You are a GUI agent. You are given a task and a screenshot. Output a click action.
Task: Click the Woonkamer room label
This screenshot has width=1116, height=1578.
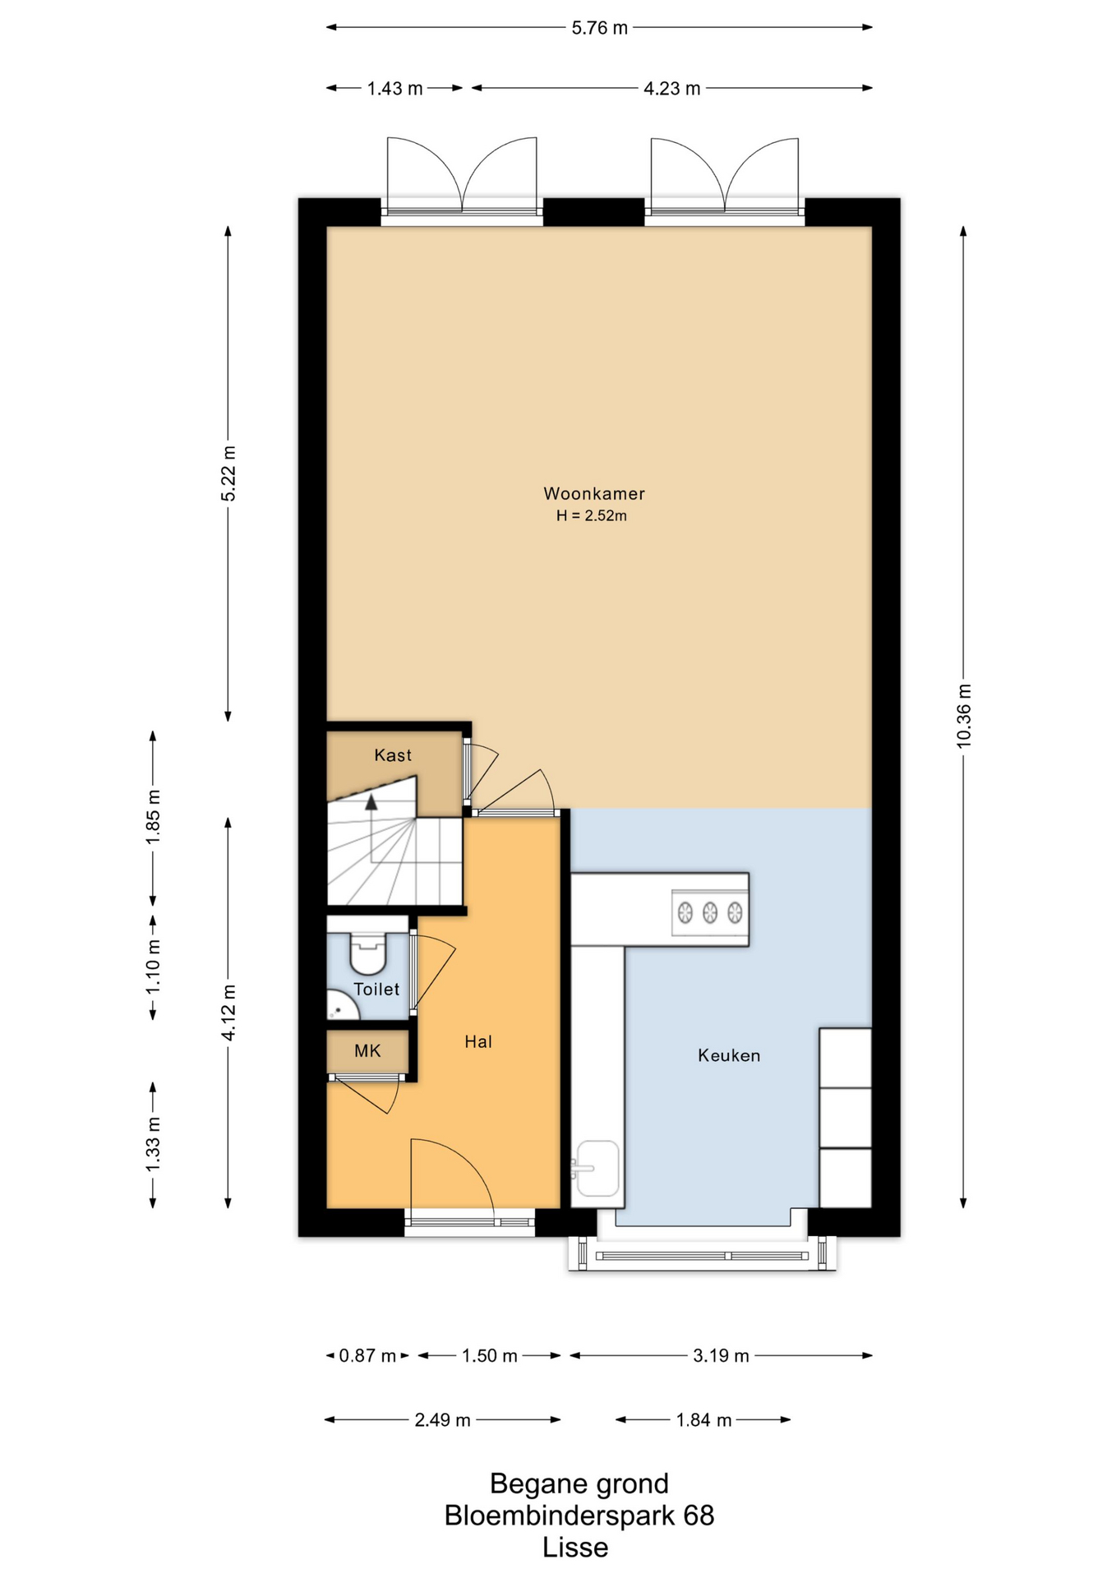(594, 494)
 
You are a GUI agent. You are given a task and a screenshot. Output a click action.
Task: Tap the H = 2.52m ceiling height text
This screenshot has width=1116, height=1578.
(592, 516)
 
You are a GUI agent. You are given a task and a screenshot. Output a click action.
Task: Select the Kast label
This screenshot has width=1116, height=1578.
(393, 755)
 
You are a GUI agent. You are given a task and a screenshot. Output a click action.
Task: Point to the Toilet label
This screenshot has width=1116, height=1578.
(376, 990)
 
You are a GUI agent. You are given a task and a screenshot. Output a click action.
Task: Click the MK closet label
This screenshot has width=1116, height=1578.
(367, 1051)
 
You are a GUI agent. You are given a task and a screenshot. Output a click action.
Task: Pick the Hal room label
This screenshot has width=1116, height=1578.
(478, 1042)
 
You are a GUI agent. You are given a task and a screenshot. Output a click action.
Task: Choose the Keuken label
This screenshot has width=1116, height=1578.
(729, 1055)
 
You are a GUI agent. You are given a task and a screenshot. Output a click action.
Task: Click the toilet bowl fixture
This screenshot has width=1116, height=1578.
(368, 953)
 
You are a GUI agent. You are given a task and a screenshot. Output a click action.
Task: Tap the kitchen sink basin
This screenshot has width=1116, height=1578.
(598, 1168)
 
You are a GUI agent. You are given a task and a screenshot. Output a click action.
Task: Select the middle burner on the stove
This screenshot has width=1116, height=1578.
(710, 911)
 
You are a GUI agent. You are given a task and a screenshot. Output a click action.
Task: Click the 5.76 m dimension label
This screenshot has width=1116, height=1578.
(600, 28)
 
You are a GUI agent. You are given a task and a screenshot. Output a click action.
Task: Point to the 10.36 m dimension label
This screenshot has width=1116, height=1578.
(964, 716)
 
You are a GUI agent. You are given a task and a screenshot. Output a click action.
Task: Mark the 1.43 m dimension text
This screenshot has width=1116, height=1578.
(395, 89)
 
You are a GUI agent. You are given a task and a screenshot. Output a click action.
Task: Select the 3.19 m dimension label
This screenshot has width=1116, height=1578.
(721, 1356)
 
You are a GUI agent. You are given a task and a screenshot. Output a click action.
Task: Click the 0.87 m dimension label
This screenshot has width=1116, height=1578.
(367, 1356)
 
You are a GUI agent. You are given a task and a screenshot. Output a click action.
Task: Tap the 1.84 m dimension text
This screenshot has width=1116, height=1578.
(703, 1420)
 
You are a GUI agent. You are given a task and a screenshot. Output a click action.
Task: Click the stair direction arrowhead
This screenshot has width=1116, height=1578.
(371, 802)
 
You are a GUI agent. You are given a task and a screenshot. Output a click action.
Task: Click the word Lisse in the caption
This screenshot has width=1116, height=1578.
(575, 1548)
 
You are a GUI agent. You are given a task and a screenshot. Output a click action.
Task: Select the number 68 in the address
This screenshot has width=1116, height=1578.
(699, 1516)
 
